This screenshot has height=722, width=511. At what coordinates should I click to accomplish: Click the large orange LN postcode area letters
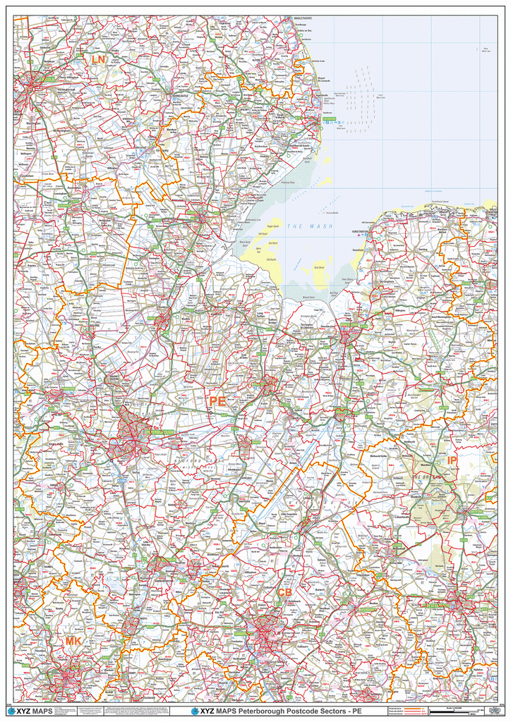click(x=98, y=61)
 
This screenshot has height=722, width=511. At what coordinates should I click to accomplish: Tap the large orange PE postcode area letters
click(x=217, y=401)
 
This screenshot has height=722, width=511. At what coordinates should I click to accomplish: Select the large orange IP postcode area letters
click(x=452, y=460)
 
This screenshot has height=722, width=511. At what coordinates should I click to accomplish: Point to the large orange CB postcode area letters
click(x=284, y=592)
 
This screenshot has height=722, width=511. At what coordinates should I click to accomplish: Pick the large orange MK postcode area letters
click(x=73, y=641)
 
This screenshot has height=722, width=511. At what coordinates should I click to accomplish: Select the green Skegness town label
click(x=330, y=121)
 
